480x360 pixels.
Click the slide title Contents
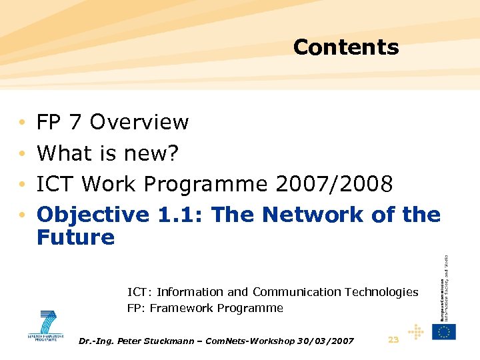[x=345, y=47]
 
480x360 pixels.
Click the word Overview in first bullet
[x=139, y=122]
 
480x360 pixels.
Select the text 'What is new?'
[x=107, y=153]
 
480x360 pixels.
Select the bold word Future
[x=75, y=237]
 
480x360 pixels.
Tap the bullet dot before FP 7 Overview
[x=22, y=123]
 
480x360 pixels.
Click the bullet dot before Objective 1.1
[x=22, y=215]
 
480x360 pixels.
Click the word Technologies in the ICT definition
[x=381, y=292]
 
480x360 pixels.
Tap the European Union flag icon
[x=443, y=331]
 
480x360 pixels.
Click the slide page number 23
[x=393, y=340]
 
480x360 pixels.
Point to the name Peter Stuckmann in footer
[x=151, y=341]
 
